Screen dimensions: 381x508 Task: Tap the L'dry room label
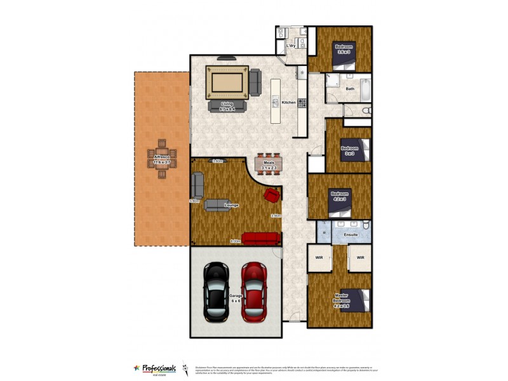291,46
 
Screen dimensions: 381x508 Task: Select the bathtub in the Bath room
365,89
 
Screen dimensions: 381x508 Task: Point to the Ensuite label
351,235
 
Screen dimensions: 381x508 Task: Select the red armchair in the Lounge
272,194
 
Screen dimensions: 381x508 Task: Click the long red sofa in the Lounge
261,238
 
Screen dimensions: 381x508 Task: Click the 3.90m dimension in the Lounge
276,216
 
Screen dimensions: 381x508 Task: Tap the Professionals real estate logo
155,368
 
